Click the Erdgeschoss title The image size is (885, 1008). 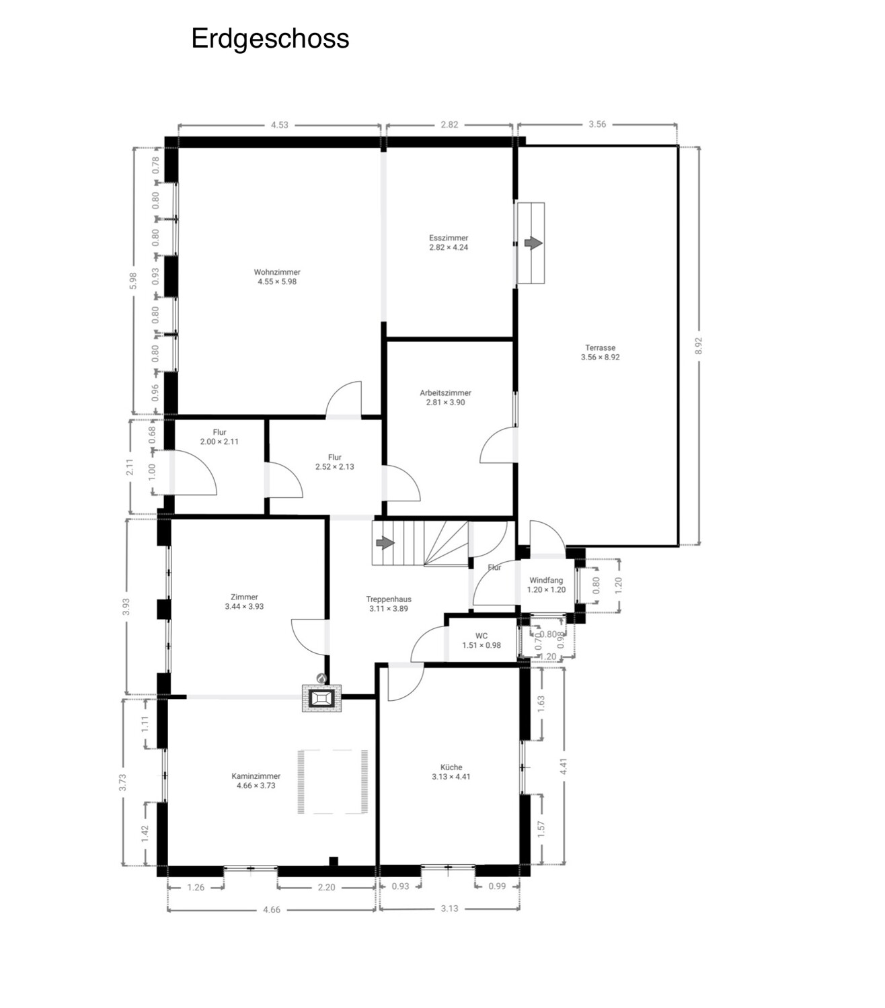(x=270, y=39)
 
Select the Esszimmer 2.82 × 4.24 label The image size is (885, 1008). (x=449, y=243)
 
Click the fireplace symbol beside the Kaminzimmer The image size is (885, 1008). (x=321, y=698)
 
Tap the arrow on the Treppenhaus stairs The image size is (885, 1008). (x=385, y=542)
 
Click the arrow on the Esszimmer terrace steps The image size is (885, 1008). (x=533, y=243)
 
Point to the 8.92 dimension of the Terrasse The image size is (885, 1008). (x=698, y=346)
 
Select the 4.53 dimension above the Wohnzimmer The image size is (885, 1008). (x=279, y=125)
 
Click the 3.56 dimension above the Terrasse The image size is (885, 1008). (x=597, y=124)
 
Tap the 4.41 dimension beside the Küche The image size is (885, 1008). (x=564, y=765)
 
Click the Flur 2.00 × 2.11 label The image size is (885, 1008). (x=219, y=436)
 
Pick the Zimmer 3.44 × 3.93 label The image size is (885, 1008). (x=244, y=601)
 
